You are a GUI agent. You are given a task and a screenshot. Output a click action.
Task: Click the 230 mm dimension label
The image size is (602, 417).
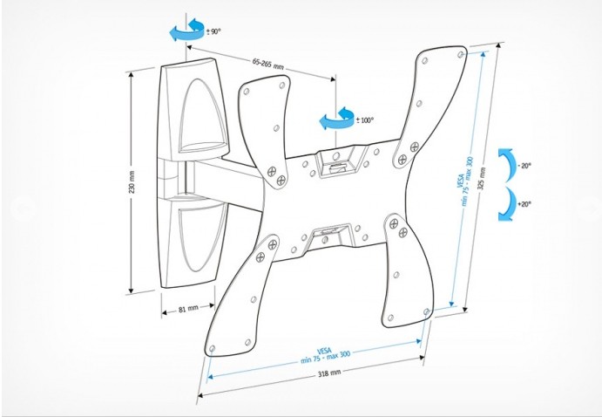pyautogui.click(x=132, y=181)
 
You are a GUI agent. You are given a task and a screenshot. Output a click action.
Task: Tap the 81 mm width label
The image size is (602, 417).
pyautogui.click(x=188, y=309)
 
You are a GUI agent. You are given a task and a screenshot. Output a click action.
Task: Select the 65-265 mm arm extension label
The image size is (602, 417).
pyautogui.click(x=268, y=64)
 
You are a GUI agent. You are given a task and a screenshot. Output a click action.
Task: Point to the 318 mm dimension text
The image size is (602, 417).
pyautogui.click(x=329, y=373)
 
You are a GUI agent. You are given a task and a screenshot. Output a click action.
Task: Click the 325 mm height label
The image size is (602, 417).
pyautogui.click(x=482, y=178)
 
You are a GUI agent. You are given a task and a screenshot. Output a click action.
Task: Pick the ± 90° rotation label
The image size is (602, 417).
pyautogui.click(x=213, y=31)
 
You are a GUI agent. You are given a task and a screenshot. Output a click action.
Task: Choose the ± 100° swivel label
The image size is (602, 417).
pyautogui.click(x=365, y=120)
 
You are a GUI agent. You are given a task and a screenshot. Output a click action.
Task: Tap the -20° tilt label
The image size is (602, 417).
pyautogui.click(x=524, y=166)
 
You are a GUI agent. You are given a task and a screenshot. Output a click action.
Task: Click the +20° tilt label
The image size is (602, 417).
pyautogui.click(x=524, y=204)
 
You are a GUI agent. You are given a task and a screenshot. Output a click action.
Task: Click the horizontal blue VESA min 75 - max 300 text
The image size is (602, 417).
pyautogui.click(x=325, y=356)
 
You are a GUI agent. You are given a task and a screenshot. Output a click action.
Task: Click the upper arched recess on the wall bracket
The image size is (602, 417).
pyautogui.click(x=202, y=115)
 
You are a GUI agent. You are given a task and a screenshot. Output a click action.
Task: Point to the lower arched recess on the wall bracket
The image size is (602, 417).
pyautogui.click(x=202, y=237)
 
